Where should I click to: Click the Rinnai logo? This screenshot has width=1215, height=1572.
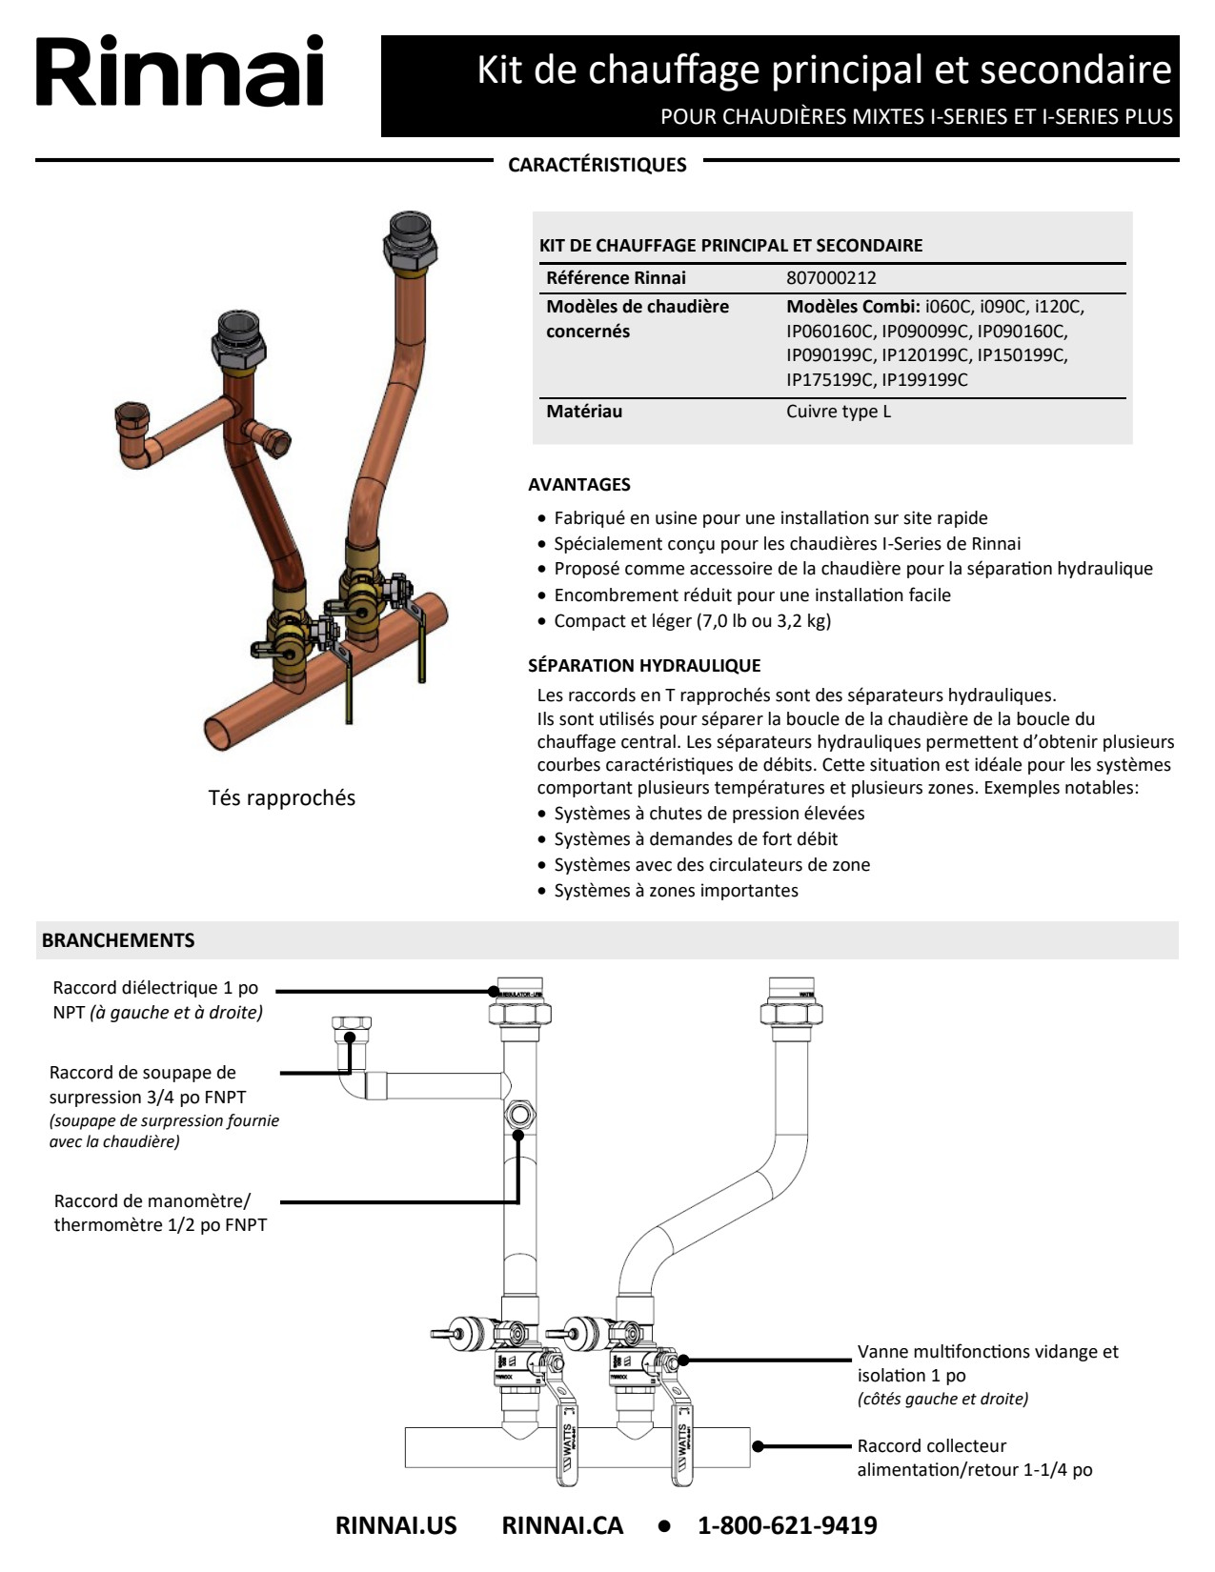point(180,71)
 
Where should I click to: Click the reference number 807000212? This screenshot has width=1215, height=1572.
point(831,278)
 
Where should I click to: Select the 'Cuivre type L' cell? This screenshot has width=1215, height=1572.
point(839,412)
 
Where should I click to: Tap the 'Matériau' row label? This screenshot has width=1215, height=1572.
point(584,412)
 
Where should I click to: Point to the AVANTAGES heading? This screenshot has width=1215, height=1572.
point(579,484)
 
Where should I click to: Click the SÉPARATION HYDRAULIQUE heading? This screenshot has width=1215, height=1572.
point(644,665)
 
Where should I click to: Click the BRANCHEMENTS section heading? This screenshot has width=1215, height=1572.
point(118,940)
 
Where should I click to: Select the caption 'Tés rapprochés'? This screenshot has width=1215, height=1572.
point(282,797)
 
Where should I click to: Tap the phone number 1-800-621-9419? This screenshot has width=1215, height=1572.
point(787,1525)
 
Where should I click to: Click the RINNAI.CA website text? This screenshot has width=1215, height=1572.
point(562,1525)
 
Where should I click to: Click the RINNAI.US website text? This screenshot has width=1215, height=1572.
point(395,1525)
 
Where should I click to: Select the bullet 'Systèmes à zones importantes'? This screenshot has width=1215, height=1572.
point(676,891)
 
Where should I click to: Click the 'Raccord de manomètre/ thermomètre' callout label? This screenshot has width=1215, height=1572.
point(160,1213)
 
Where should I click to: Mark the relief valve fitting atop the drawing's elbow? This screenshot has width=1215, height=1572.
point(351,1029)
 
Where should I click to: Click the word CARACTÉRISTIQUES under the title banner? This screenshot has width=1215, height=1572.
point(597,165)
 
